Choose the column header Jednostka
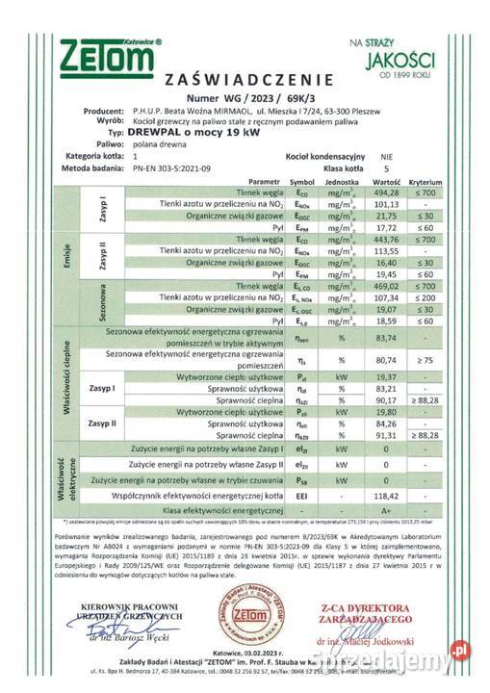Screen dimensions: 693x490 tap(341, 181)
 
